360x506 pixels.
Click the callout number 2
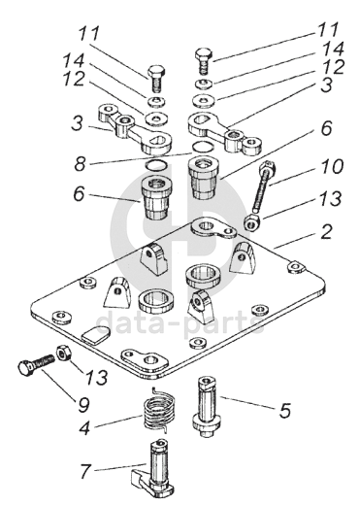tap(326, 231)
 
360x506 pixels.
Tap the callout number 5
tap(284, 410)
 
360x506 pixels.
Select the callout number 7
tap(85, 471)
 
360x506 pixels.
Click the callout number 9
tap(83, 404)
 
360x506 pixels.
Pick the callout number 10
tap(332, 167)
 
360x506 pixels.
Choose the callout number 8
tap(81, 163)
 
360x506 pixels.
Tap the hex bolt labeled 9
tap(36, 365)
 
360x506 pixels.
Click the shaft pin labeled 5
tap(207, 406)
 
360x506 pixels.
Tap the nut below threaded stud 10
tap(252, 223)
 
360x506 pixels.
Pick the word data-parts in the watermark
tap(180, 320)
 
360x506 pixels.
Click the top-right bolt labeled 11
tap(204, 62)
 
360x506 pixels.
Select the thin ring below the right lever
tap(203, 146)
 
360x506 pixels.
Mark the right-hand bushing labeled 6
tap(205, 178)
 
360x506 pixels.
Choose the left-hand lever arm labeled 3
tap(135, 129)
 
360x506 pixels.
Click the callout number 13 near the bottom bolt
tap(96, 377)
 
